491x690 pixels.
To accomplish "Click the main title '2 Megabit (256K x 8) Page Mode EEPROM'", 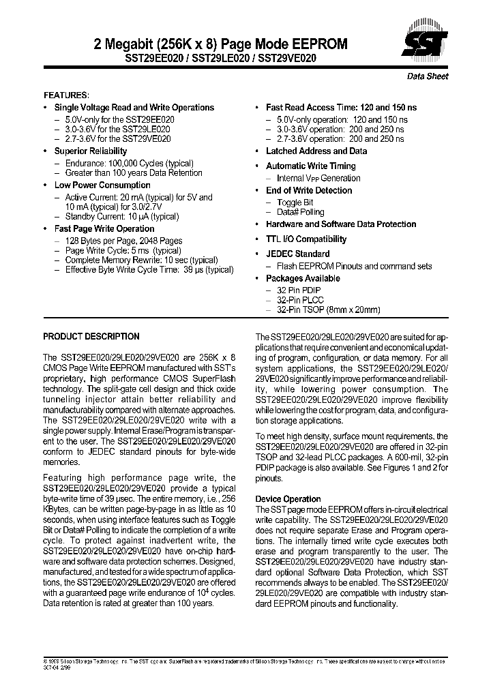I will click(220, 44).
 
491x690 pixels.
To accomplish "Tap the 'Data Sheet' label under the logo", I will click(428, 76).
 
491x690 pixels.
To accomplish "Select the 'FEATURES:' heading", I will click(66, 95).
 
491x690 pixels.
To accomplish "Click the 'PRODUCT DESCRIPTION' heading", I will click(91, 336).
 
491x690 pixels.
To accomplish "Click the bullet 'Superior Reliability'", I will click(91, 151).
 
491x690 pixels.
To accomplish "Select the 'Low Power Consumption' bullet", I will click(102, 185).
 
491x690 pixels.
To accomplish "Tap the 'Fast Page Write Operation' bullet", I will click(104, 228).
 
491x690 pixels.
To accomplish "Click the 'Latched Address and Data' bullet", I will click(316, 151).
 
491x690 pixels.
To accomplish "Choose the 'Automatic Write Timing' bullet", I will click(310, 166).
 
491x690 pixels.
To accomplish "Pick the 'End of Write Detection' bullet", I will click(309, 190).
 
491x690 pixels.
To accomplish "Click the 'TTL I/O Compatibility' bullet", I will click(306, 239).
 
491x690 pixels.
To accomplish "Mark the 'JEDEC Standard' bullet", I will click(297, 254).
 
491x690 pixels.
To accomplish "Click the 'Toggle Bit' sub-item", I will click(295, 202).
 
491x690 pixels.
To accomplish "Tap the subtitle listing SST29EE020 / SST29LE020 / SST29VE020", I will click(220, 59).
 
